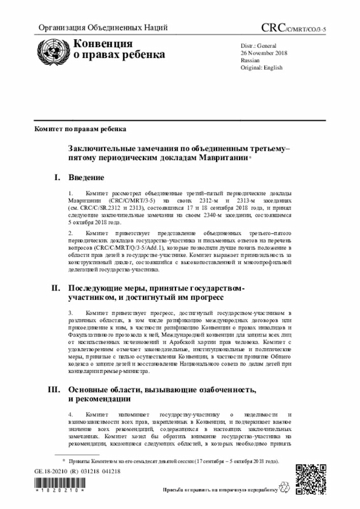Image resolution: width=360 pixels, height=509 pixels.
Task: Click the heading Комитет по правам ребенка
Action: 80,129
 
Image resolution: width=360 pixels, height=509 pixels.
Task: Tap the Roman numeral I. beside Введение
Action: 57,178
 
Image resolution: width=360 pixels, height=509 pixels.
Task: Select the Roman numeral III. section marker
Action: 55,390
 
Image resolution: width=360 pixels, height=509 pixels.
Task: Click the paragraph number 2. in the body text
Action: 71,232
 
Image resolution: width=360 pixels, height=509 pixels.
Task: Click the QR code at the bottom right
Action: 310,479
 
